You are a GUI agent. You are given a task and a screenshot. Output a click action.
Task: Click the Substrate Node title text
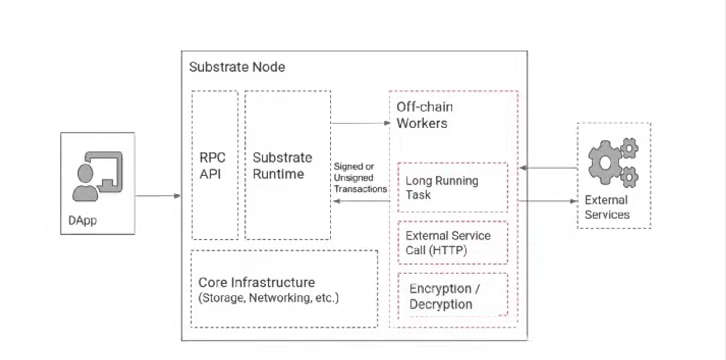pyautogui.click(x=237, y=67)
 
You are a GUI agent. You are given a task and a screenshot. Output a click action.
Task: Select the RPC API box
pyautogui.click(x=215, y=165)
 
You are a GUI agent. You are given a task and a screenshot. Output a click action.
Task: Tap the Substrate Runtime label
pyautogui.click(x=282, y=166)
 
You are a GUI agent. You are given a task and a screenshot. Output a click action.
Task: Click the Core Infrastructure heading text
pyautogui.click(x=257, y=282)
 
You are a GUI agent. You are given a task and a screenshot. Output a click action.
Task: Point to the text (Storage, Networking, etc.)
pyautogui.click(x=269, y=298)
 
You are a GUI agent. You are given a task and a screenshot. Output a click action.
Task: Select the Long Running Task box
pyautogui.click(x=453, y=188)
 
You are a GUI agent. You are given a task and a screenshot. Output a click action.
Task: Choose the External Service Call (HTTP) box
pyautogui.click(x=453, y=243)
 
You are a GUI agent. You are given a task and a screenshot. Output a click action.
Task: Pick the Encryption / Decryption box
pyautogui.click(x=453, y=295)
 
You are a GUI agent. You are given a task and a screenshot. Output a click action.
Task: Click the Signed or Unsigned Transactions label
pyautogui.click(x=360, y=177)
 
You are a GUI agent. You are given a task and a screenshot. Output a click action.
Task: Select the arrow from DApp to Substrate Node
pyautogui.click(x=158, y=196)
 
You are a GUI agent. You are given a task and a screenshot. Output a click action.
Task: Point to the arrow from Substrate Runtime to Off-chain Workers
pyautogui.click(x=360, y=123)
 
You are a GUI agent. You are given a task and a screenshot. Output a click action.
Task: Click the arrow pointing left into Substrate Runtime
pyautogui.click(x=362, y=201)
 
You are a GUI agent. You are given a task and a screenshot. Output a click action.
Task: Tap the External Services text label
pyautogui.click(x=607, y=207)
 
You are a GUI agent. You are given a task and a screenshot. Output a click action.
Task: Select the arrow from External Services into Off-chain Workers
pyautogui.click(x=548, y=168)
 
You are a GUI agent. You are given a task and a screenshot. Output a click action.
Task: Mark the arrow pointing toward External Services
pyautogui.click(x=548, y=202)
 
